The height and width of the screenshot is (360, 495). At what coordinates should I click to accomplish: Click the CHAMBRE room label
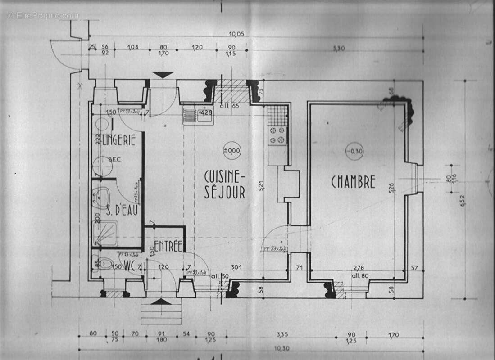353,182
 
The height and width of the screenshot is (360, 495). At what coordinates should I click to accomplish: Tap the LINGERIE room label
118,140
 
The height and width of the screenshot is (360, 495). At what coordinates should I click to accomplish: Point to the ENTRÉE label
168,246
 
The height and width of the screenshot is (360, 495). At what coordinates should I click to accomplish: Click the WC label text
130,264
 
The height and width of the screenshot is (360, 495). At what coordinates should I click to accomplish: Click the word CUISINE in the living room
224,175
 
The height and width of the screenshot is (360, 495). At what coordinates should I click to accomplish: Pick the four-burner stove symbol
277,135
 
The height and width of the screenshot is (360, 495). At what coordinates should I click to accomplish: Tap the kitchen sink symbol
198,116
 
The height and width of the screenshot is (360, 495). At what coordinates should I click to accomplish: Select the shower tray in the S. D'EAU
105,233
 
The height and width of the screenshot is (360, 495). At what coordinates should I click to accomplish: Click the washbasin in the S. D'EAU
102,197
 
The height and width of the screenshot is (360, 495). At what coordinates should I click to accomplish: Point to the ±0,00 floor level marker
232,150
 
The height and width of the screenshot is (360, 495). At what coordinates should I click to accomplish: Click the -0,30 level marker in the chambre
354,151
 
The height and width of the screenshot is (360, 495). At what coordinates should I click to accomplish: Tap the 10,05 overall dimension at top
236,34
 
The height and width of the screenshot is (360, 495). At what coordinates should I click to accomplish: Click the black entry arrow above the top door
163,75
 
